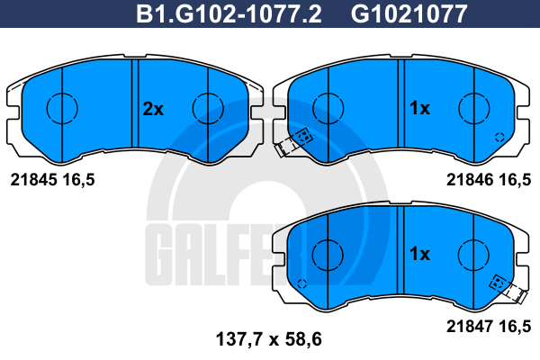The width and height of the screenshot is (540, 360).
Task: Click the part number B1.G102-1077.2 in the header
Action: pyautogui.click(x=229, y=13)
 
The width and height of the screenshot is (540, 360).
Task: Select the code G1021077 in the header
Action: pyautogui.click(x=409, y=13)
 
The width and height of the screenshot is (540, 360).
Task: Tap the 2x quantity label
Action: pyautogui.click(x=153, y=109)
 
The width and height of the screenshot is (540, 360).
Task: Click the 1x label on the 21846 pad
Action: pyautogui.click(x=419, y=108)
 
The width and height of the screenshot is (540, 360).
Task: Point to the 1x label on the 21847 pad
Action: pyautogui.click(x=419, y=254)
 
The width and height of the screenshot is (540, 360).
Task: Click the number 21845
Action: pyautogui.click(x=33, y=180)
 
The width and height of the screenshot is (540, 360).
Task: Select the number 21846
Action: pyautogui.click(x=470, y=180)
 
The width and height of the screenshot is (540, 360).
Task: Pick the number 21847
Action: pyautogui.click(x=470, y=326)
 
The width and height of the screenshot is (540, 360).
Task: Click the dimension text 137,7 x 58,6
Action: pyautogui.click(x=268, y=339)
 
